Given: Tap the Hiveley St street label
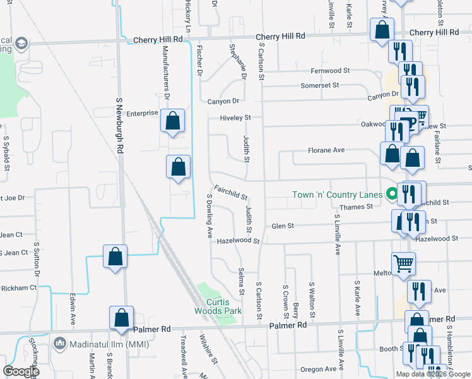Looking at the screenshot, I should [235, 117].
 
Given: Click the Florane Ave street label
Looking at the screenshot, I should [326, 150].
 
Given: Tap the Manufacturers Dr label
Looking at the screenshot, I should [166, 69].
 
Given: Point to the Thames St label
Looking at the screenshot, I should [356, 207].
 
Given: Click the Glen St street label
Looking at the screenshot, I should [282, 226].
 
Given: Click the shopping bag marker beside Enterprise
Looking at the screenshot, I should [172, 121].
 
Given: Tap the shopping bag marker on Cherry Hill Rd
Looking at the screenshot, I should [382, 30].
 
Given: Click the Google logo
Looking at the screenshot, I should [21, 371].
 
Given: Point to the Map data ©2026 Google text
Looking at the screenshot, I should [433, 374].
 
